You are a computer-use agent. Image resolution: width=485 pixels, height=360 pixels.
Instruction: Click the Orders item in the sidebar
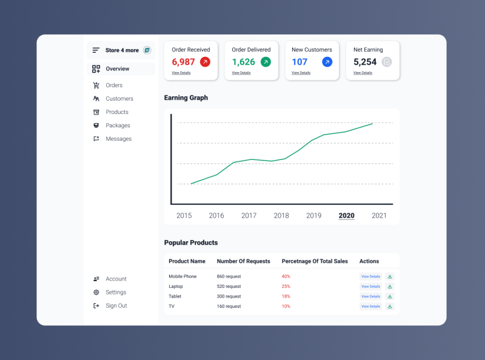pyautogui.click(x=113, y=85)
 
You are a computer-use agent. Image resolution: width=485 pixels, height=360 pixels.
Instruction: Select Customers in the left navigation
pyautogui.click(x=119, y=99)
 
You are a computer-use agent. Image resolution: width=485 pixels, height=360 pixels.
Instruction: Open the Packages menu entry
pyautogui.click(x=118, y=125)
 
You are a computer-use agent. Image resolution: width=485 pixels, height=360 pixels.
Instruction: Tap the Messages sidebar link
pyautogui.click(x=118, y=139)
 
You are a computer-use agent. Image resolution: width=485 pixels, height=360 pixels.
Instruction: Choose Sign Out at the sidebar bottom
pyautogui.click(x=116, y=306)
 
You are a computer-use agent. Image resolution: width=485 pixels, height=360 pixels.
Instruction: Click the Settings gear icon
pyautogui.click(x=96, y=292)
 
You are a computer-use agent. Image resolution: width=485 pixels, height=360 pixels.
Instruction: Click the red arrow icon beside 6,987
pyautogui.click(x=205, y=62)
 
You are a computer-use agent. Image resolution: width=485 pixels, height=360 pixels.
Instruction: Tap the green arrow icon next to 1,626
pyautogui.click(x=266, y=62)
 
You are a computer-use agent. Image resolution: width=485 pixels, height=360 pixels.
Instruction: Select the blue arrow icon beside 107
pyautogui.click(x=327, y=62)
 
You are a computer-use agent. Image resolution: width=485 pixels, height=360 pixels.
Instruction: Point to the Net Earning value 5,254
pyautogui.click(x=365, y=62)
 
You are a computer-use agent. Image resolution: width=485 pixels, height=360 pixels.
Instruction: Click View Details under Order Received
pyautogui.click(x=181, y=73)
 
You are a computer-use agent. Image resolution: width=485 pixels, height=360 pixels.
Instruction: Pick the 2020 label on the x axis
pyautogui.click(x=346, y=216)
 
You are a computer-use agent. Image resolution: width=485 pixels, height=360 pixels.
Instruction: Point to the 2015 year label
pyautogui.click(x=184, y=216)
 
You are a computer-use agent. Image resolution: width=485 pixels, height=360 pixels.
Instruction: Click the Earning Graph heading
pyautogui.click(x=186, y=98)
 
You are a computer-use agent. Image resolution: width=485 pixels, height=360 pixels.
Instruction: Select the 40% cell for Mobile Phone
pyautogui.click(x=286, y=276)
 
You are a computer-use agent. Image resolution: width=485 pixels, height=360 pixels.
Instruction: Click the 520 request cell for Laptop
pyautogui.click(x=229, y=286)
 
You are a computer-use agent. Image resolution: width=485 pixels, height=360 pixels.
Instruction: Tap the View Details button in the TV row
pyautogui.click(x=370, y=306)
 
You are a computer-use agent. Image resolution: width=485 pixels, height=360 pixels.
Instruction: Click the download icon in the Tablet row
pyautogui.click(x=390, y=296)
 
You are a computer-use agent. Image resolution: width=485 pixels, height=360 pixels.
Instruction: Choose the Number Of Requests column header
pyautogui.click(x=243, y=261)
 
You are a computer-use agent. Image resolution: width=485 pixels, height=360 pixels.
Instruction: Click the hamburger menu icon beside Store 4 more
pyautogui.click(x=96, y=50)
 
